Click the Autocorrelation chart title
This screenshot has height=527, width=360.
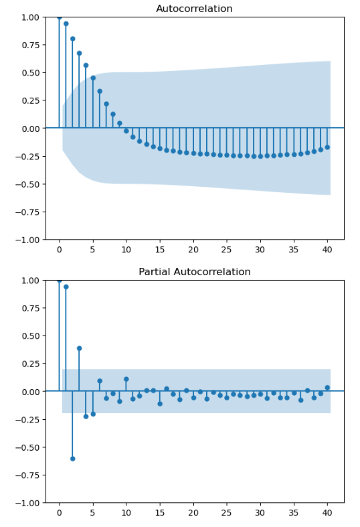(x=194, y=9)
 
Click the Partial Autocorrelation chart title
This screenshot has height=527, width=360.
(x=194, y=272)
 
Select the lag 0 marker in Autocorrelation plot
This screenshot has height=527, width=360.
(x=59, y=17)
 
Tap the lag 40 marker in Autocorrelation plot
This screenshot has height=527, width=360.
(x=327, y=147)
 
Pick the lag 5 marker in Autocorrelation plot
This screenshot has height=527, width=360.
(x=93, y=78)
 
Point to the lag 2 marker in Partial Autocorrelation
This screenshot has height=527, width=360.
(x=72, y=459)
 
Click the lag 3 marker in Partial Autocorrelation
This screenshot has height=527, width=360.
(x=79, y=348)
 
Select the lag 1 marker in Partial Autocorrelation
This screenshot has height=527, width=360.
(x=66, y=287)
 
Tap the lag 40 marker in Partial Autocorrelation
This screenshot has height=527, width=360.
(x=327, y=387)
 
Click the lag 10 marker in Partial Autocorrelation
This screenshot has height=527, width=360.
(x=126, y=379)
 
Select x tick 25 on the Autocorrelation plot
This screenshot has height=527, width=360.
(x=227, y=250)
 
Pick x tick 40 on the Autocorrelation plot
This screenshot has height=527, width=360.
(x=327, y=250)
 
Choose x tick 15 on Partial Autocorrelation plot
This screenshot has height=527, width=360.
(x=160, y=513)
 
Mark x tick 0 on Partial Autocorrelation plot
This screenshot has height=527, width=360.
(x=59, y=513)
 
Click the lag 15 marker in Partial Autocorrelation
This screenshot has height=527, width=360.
(x=160, y=404)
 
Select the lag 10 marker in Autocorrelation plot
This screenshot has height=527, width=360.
(x=126, y=131)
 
